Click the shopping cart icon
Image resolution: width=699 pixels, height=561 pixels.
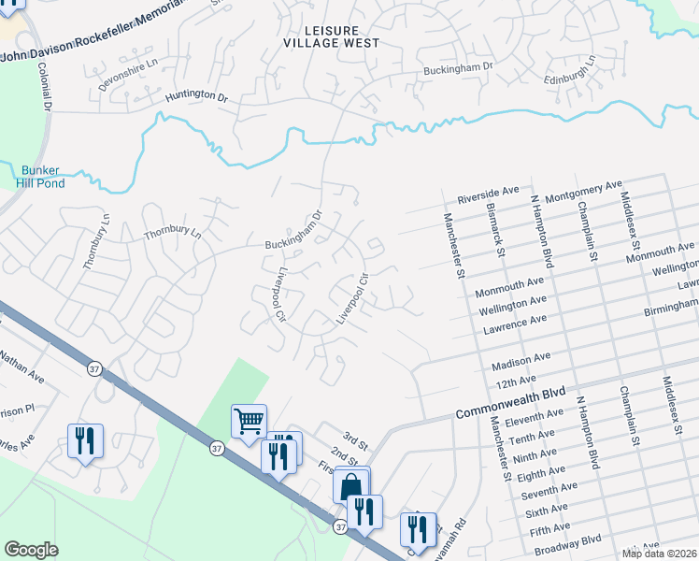tap(249, 421)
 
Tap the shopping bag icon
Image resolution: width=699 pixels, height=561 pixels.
tap(351, 485)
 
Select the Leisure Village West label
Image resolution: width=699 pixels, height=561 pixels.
tap(334, 36)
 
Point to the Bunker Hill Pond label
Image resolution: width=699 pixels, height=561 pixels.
tap(39, 177)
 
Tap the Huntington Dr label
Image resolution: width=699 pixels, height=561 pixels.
tap(196, 96)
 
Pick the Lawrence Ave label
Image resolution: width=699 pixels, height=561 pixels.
tap(514, 321)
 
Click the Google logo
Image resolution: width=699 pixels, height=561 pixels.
tap(31, 549)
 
